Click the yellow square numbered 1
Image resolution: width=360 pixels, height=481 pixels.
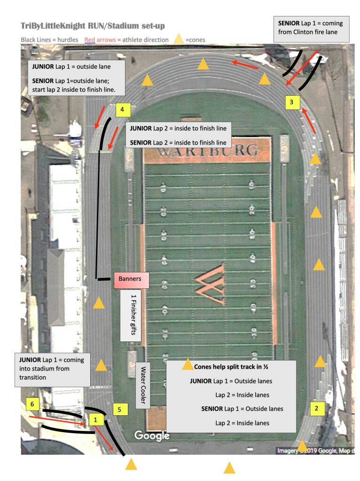click(x=96, y=420)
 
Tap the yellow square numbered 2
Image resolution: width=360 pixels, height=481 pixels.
click(x=317, y=408)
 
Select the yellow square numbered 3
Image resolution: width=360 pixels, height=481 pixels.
click(x=291, y=101)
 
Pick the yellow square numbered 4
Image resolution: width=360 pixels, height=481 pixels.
click(x=122, y=110)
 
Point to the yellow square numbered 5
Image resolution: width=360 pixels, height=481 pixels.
click(x=120, y=410)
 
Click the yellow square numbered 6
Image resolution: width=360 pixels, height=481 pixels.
click(x=32, y=404)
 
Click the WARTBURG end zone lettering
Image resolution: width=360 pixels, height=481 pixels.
click(x=208, y=151)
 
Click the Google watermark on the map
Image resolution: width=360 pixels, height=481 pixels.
click(x=152, y=436)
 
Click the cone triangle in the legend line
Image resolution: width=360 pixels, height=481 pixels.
click(x=179, y=39)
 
